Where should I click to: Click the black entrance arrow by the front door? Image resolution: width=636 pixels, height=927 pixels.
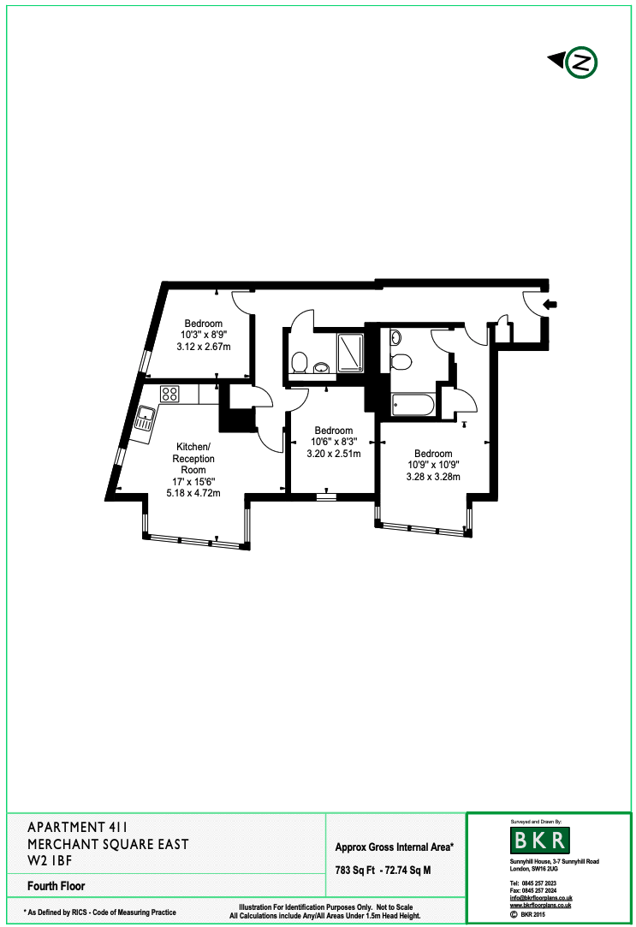(x=550, y=305)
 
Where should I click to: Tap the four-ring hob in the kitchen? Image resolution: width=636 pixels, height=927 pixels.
(x=169, y=394)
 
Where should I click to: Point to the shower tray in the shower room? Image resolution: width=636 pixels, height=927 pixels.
(x=350, y=353)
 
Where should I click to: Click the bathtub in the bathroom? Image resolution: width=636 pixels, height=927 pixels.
(x=413, y=406)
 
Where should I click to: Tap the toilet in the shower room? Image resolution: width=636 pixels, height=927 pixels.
(x=299, y=362)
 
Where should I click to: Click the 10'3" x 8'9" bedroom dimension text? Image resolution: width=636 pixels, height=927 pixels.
(x=204, y=336)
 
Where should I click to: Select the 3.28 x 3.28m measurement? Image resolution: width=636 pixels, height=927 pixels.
(x=433, y=477)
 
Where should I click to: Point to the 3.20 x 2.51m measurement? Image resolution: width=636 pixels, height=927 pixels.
(x=333, y=454)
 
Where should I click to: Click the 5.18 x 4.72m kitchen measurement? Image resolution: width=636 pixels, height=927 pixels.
(x=193, y=493)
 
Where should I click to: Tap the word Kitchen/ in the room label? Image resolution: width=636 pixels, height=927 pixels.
(x=193, y=447)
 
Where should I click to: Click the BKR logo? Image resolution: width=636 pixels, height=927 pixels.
(x=539, y=840)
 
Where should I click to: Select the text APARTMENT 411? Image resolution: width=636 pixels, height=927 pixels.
(x=77, y=827)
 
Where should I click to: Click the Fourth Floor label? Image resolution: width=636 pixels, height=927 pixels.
(x=56, y=886)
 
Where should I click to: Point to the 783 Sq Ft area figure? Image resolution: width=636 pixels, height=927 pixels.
(x=354, y=871)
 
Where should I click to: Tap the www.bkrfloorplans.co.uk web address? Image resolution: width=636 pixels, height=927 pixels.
(x=540, y=905)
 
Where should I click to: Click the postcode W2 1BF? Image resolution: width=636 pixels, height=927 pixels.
(x=50, y=861)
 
